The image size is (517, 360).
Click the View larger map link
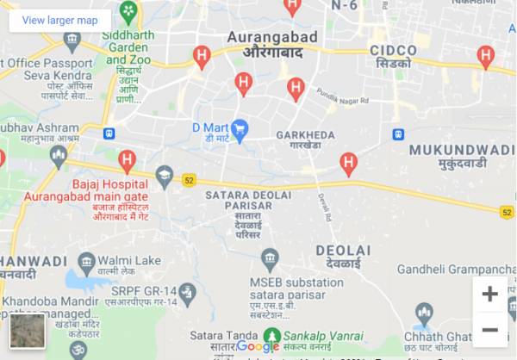click(59, 20)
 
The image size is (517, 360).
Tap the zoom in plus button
click(489, 294)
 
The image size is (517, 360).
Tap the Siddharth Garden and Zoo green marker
click(128, 12)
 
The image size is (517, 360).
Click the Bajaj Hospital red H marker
click(128, 159)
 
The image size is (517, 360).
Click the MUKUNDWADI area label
click(461, 150)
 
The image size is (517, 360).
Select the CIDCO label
click(393, 51)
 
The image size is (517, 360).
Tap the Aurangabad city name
click(271, 37)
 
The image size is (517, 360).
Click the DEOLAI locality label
click(343, 250)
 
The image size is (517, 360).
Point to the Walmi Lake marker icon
click(86, 261)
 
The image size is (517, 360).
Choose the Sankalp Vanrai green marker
click(272, 335)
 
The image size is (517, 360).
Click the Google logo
click(258, 346)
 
